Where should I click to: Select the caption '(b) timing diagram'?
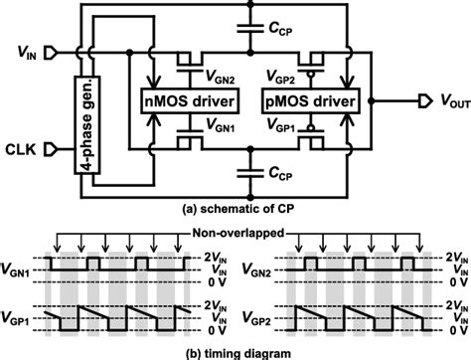point(235,351)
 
